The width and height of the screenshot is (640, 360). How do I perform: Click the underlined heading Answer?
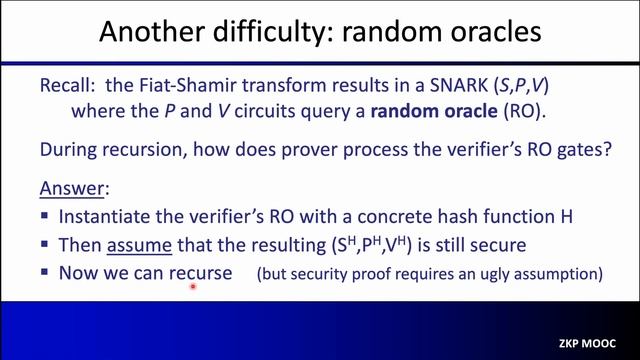[71, 189]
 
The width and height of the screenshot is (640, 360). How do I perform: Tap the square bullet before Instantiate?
[47, 217]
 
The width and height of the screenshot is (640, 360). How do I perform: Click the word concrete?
[384, 216]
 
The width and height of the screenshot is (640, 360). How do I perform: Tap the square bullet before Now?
[47, 273]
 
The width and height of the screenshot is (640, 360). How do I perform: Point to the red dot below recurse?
[191, 287]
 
